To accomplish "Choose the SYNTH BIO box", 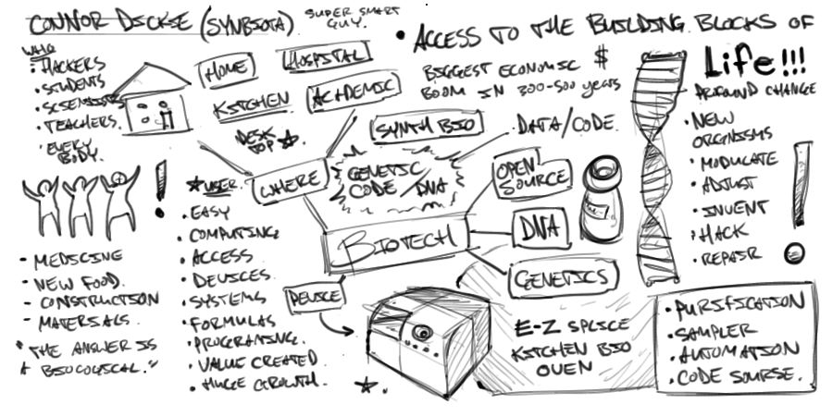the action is (x=417, y=129).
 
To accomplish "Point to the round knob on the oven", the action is (x=424, y=332).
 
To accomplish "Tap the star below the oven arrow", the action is (x=367, y=384).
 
